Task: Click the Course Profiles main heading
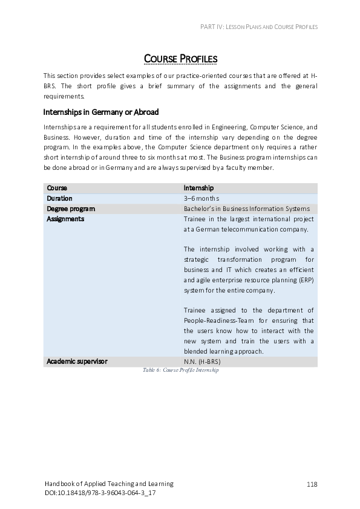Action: (x=180, y=59)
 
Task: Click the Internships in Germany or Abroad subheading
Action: (x=100, y=112)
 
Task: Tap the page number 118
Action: (x=312, y=484)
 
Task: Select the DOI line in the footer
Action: (x=100, y=493)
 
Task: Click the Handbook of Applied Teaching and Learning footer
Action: (x=109, y=484)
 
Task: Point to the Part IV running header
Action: (x=258, y=27)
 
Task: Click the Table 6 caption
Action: (x=180, y=370)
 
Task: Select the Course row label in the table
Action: (x=57, y=188)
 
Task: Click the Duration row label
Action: (x=59, y=198)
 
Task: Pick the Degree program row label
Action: (x=71, y=209)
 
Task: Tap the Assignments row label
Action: (x=65, y=219)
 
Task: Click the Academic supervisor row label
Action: (x=77, y=361)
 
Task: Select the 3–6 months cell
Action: (x=201, y=198)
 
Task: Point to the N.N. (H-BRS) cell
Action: (x=202, y=361)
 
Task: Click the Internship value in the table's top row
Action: (x=198, y=188)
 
